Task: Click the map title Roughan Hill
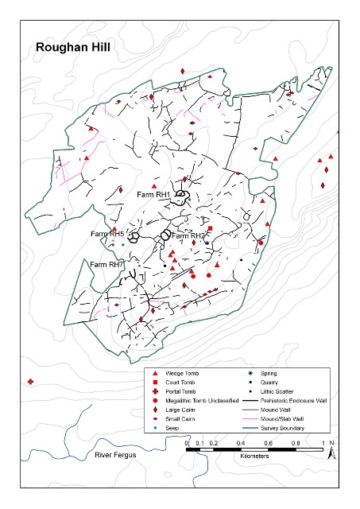(73, 47)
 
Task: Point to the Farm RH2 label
(188, 236)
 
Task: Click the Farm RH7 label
(106, 264)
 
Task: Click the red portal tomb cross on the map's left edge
(30, 382)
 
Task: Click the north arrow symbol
(335, 451)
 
